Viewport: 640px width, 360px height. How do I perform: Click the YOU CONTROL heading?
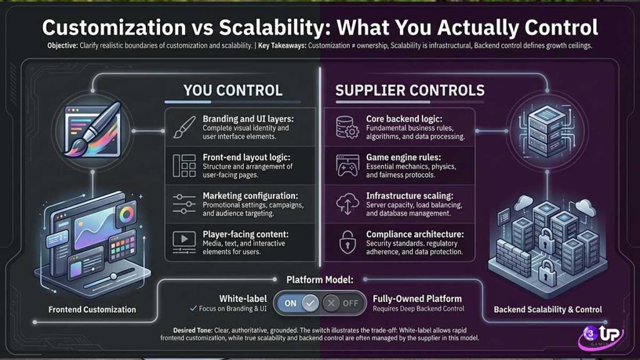click(x=232, y=90)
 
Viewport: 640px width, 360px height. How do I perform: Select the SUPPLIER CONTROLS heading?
click(x=410, y=90)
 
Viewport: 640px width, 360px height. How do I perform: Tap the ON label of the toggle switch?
click(x=291, y=303)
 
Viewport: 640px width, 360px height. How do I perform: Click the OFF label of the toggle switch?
click(x=351, y=303)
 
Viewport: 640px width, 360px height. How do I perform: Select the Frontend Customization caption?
click(x=92, y=309)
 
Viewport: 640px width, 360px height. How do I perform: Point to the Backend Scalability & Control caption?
click(x=547, y=309)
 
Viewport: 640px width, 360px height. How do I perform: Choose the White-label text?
click(x=243, y=299)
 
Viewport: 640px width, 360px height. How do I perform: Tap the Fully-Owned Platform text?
click(x=417, y=299)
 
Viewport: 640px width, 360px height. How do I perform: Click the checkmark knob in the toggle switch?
click(x=310, y=303)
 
